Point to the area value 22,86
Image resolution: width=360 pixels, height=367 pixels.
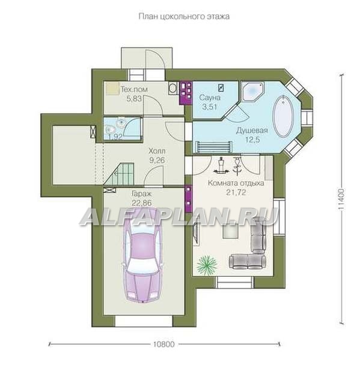coord(142,203)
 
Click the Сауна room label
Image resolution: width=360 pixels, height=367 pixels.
coord(210,97)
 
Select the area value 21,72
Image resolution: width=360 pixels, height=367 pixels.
coord(236,193)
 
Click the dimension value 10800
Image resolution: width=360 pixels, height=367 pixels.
coord(164,344)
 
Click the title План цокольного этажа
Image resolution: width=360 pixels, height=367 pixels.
coord(185,16)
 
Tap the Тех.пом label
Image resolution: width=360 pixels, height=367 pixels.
coord(134,90)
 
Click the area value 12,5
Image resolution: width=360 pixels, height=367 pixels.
coord(252,140)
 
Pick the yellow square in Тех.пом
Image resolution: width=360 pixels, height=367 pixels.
coord(112,88)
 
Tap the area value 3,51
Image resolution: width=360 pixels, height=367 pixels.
coord(210,107)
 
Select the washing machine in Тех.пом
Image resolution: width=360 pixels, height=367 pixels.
coord(173,88)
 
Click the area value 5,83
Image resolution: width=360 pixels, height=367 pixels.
coord(134,99)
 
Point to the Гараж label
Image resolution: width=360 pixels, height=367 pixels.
coord(142,194)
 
